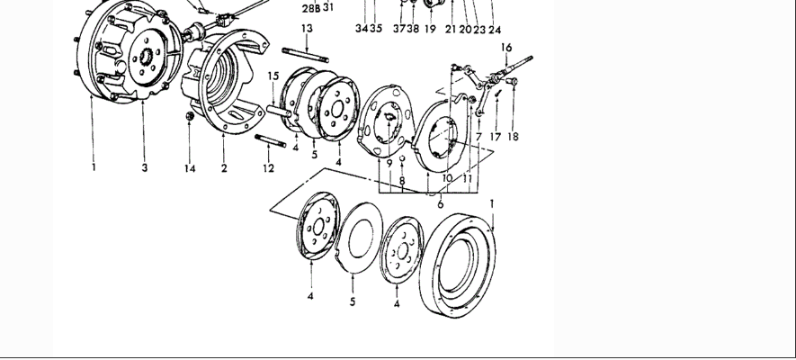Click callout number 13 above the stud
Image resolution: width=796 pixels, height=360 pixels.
(x=308, y=29)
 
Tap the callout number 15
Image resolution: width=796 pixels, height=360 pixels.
(x=273, y=76)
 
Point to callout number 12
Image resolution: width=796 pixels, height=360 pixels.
(x=268, y=168)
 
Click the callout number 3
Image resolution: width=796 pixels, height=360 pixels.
(x=144, y=167)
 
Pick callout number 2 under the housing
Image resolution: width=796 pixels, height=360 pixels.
(x=224, y=168)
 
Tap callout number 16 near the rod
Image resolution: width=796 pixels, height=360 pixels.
(x=506, y=47)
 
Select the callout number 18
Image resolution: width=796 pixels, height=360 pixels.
(x=513, y=138)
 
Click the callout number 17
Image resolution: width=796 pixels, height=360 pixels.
(x=495, y=138)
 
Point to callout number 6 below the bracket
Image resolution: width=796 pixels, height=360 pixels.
(x=440, y=205)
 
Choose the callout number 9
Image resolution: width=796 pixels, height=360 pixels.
(x=389, y=163)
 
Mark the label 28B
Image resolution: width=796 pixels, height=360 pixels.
(x=310, y=7)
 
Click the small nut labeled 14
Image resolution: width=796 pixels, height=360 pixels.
(x=190, y=117)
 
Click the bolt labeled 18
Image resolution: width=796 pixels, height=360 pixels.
(x=513, y=82)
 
